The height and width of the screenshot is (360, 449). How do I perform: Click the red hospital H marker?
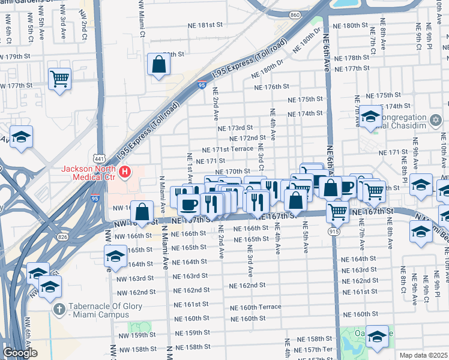click(x=125, y=173)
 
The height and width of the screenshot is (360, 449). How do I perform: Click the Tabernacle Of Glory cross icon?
click(x=58, y=309)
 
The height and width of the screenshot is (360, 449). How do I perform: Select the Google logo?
click(x=20, y=353)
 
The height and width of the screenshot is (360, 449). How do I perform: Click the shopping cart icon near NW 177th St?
click(x=59, y=78)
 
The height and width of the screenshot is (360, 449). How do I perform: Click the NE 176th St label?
click(x=272, y=87)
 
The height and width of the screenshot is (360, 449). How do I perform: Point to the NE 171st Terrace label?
click(x=228, y=149)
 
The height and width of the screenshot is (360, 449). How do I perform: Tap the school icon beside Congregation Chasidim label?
click(x=370, y=117)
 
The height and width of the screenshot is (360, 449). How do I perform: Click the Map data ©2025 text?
click(x=423, y=355)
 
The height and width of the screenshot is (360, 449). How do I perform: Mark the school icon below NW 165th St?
click(x=115, y=257)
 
